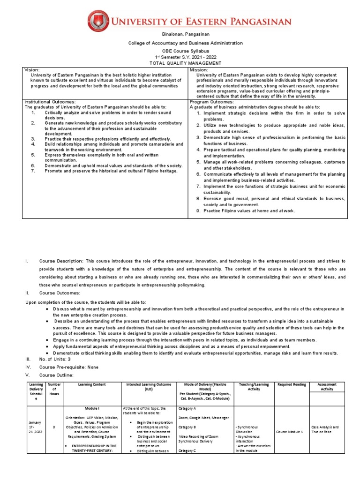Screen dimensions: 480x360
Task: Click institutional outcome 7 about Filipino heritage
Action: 111,171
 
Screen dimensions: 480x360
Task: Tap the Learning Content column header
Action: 92,384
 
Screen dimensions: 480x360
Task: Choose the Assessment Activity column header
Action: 327,387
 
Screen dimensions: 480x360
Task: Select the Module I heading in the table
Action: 91,408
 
